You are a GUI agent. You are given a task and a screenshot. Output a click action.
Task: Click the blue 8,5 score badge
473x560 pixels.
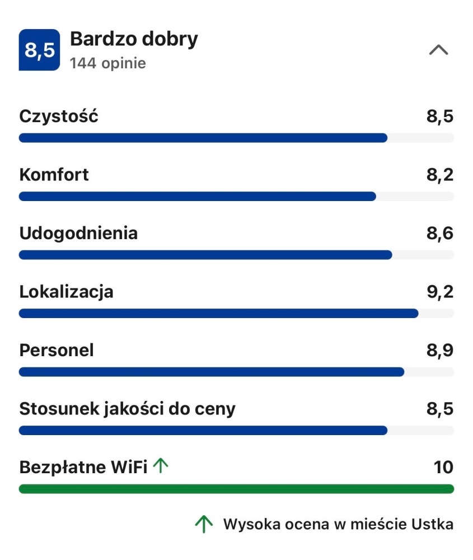(39, 50)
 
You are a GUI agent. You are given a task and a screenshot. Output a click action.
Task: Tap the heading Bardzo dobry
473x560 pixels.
(134, 39)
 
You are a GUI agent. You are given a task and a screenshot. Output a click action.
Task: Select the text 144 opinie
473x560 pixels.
(107, 63)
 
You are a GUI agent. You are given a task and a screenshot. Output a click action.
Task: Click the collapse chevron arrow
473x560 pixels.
(438, 50)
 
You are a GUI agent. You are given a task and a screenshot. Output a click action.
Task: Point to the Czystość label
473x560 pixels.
(59, 116)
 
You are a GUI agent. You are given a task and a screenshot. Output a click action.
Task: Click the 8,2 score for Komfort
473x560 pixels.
(440, 175)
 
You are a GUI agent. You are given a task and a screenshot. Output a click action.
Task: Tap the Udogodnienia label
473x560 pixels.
(78, 234)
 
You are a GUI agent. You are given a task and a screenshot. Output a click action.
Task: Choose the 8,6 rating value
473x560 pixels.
(440, 234)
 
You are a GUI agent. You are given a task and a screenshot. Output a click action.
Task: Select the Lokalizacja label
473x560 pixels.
(66, 292)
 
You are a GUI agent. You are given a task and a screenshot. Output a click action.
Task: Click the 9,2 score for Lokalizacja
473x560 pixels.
(440, 292)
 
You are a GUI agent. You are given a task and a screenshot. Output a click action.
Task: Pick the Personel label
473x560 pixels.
(57, 351)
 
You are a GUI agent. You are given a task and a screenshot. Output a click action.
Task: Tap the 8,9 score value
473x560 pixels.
(440, 351)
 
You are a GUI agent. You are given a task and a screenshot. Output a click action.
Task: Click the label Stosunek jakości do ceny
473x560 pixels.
(127, 409)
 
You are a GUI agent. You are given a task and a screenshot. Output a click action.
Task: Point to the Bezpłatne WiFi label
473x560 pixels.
(83, 467)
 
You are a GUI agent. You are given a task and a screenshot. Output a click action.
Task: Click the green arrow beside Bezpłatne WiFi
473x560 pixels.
(161, 466)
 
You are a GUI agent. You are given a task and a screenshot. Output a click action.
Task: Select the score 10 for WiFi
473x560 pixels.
(443, 467)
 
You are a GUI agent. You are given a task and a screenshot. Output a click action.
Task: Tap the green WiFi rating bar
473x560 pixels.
(236, 489)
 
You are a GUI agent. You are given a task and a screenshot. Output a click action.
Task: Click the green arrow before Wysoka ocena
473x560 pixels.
(204, 524)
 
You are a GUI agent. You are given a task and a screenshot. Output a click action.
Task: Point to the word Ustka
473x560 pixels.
(433, 525)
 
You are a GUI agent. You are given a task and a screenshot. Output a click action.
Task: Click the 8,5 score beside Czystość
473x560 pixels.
(440, 116)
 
